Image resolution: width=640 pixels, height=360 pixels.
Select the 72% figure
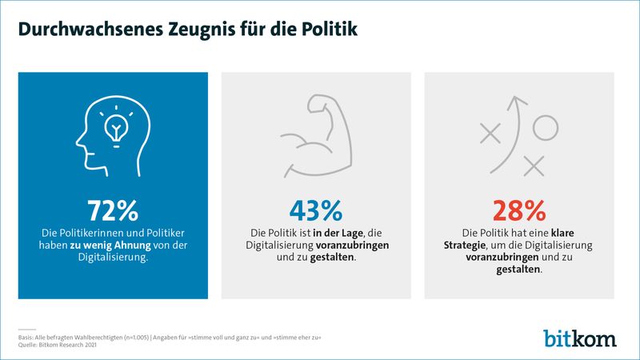[x=113, y=210]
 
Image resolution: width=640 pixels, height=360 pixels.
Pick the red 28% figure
[x=519, y=210]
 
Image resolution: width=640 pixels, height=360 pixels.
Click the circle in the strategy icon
[x=545, y=126]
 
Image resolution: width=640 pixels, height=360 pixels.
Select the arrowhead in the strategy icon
[x=519, y=102]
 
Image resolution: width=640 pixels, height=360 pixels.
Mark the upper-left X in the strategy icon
[x=489, y=132]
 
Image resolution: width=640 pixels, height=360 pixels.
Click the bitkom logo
[x=580, y=337]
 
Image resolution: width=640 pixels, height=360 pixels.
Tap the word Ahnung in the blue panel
[x=146, y=245]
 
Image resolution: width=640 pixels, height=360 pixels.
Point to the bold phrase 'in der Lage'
[x=332, y=232]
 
